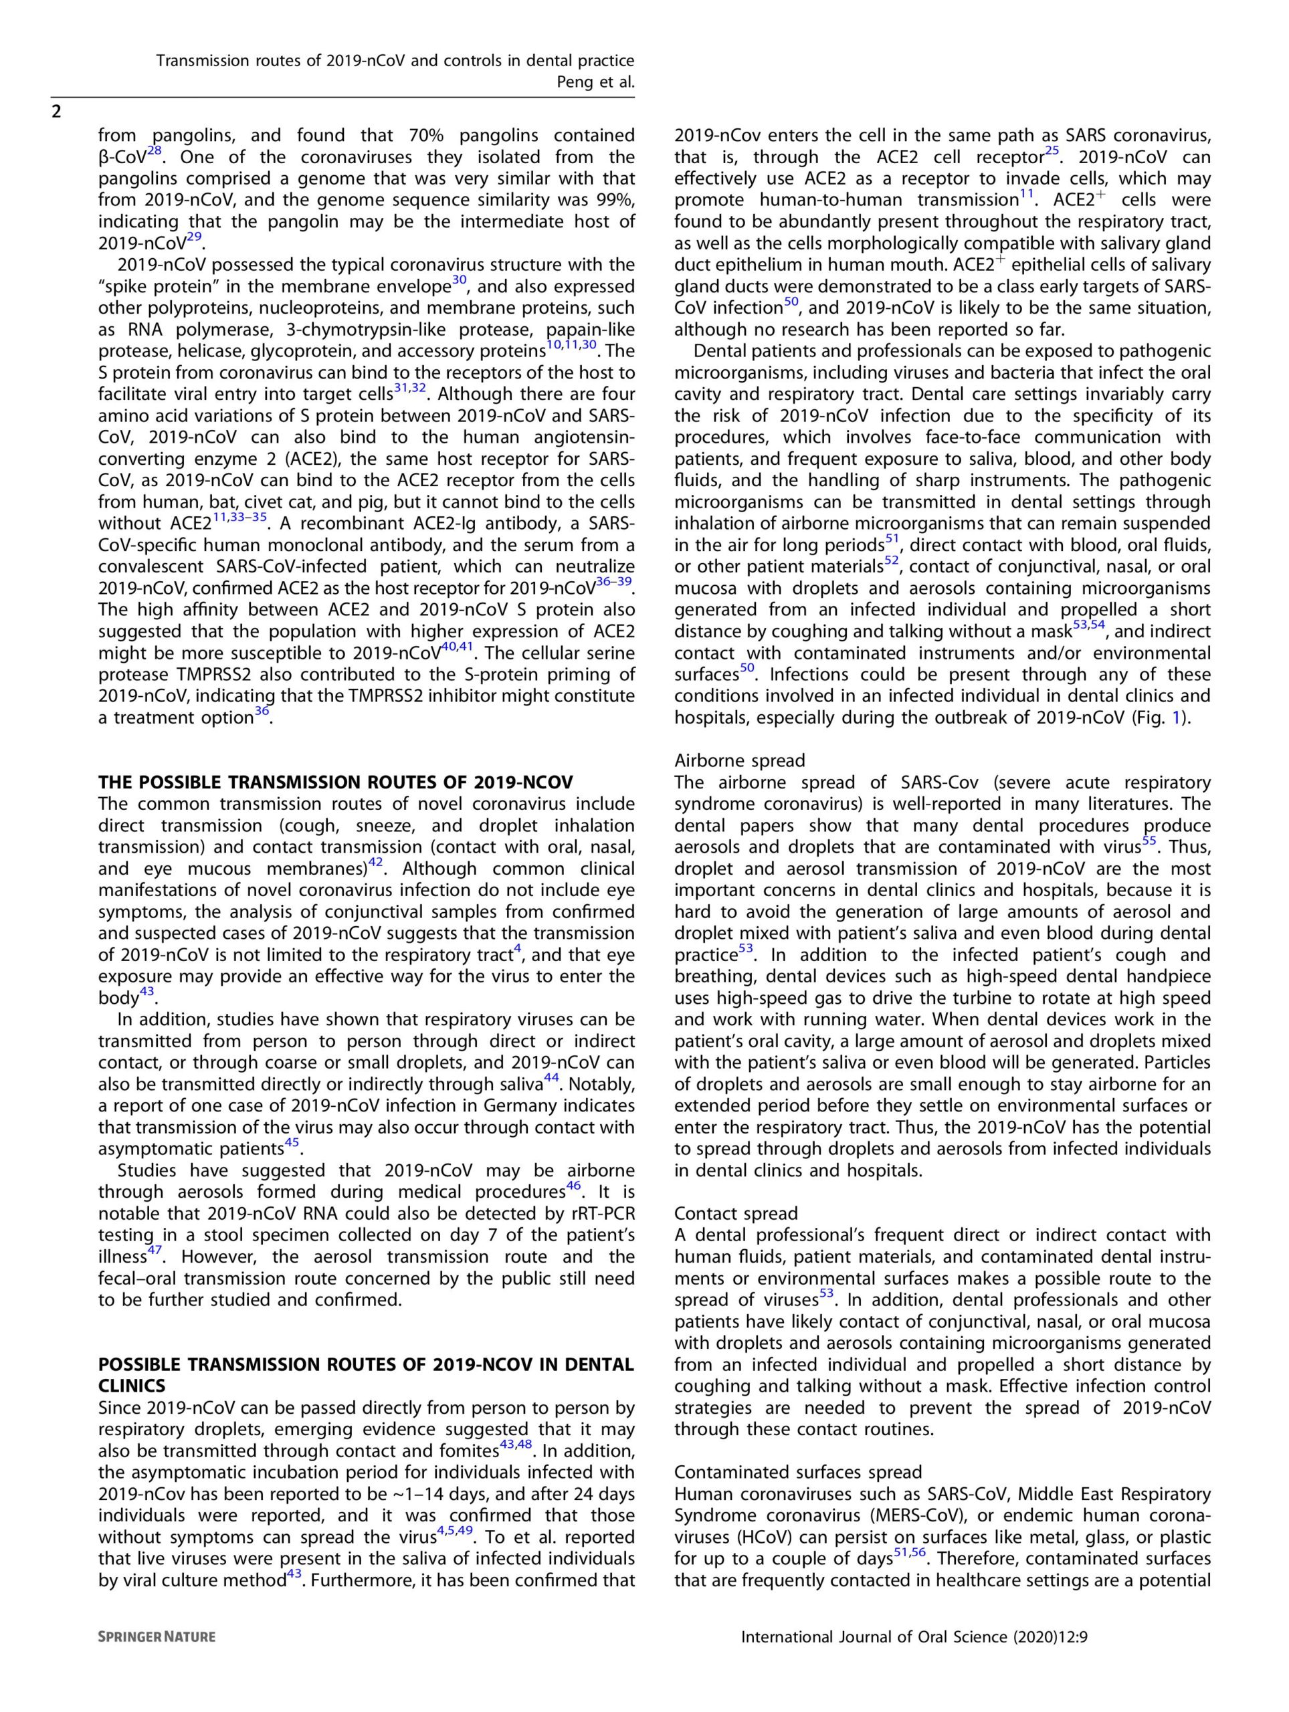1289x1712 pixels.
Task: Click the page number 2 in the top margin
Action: [56, 112]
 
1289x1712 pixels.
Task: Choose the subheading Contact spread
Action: [735, 1213]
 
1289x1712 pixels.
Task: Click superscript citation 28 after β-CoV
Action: [153, 151]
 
